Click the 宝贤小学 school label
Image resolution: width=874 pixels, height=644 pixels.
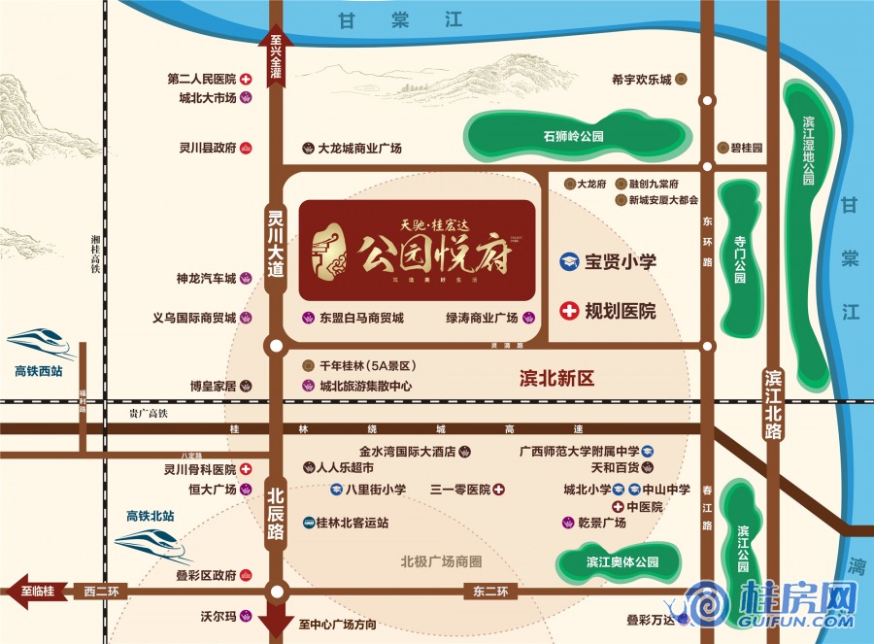click(x=621, y=262)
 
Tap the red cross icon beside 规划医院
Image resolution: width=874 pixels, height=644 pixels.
click(x=569, y=311)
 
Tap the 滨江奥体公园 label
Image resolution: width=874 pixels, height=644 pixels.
click(x=622, y=562)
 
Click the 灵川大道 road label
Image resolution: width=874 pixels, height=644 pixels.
click(x=276, y=248)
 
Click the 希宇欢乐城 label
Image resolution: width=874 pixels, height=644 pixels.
click(x=642, y=80)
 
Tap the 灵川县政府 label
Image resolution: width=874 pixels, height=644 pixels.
click(x=208, y=149)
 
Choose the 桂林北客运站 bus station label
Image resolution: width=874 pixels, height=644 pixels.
click(x=352, y=522)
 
